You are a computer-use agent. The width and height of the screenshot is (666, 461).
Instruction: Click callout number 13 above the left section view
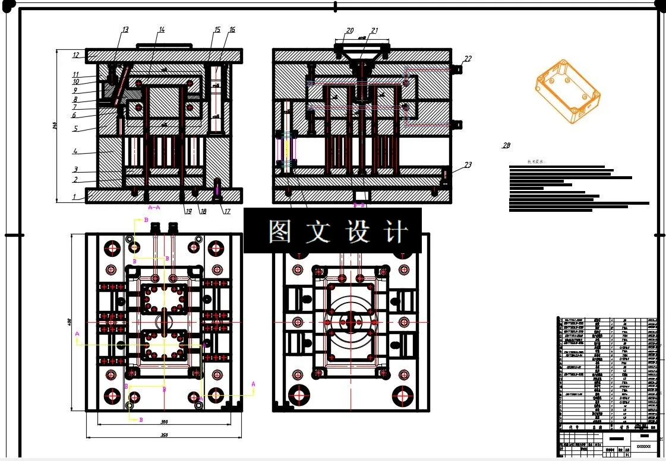click(125, 30)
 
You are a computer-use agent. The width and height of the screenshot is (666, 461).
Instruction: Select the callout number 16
click(232, 30)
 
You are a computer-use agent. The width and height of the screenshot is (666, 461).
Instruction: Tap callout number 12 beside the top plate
click(76, 55)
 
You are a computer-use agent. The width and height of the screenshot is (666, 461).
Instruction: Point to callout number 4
click(75, 151)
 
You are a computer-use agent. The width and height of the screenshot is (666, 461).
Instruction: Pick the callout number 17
click(226, 210)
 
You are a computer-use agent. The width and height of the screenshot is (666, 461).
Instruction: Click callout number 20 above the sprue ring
click(350, 30)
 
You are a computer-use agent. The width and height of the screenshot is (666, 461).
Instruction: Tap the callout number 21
click(374, 30)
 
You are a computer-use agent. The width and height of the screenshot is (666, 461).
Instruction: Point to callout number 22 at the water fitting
click(468, 58)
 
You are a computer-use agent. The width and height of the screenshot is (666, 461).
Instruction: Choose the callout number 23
click(468, 165)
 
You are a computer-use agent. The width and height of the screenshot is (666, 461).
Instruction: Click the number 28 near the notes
click(506, 145)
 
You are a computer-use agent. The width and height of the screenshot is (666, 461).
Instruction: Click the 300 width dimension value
click(165, 422)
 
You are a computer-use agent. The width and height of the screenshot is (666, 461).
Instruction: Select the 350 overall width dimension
click(165, 435)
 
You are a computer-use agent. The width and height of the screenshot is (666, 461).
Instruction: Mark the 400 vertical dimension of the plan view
click(70, 322)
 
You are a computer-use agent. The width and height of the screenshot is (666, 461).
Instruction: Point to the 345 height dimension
click(55, 126)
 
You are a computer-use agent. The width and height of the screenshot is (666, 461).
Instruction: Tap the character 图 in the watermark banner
click(279, 231)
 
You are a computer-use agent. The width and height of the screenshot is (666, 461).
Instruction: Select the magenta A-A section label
click(154, 208)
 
